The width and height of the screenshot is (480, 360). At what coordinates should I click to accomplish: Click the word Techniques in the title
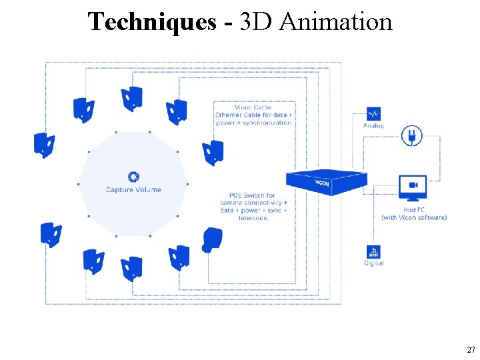pyautogui.click(x=152, y=22)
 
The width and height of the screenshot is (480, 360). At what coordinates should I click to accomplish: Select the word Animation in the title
pyautogui.click(x=336, y=22)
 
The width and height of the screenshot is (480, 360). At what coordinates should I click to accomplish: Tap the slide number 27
pyautogui.click(x=471, y=350)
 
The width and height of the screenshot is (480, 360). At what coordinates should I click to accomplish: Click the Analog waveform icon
pyautogui.click(x=373, y=113)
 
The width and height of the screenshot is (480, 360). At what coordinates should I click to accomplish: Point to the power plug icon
pyautogui.click(x=411, y=136)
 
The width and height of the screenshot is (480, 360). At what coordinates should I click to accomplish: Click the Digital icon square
pyautogui.click(x=373, y=252)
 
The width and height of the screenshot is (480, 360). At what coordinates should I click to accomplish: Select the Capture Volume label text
pyautogui.click(x=133, y=190)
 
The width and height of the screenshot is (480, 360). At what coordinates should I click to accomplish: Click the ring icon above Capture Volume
pyautogui.click(x=133, y=177)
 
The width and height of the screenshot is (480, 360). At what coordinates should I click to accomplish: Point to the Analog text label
pyautogui.click(x=373, y=125)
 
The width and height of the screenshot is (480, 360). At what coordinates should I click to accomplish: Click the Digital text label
pyautogui.click(x=373, y=263)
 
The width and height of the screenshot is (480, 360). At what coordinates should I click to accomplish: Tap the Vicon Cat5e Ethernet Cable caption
pyautogui.click(x=253, y=115)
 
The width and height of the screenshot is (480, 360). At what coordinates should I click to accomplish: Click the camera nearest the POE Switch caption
pyautogui.click(x=212, y=239)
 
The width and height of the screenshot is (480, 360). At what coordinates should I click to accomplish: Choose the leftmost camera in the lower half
pyautogui.click(x=51, y=235)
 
